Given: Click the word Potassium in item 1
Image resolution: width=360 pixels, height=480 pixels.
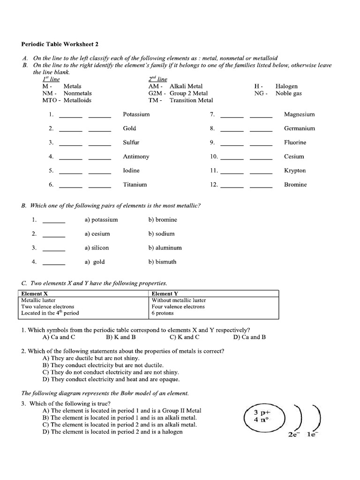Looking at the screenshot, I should coord(136,114).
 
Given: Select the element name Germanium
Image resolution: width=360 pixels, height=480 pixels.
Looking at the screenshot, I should coord(299,128).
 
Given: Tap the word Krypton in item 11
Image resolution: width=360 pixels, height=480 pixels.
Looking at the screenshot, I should coord(294,171).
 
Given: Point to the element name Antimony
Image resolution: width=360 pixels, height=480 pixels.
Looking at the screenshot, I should coord(136,157).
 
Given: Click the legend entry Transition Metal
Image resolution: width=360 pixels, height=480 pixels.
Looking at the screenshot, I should coord(191,100).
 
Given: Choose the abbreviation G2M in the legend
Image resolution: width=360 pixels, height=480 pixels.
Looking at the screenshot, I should coord(154,93).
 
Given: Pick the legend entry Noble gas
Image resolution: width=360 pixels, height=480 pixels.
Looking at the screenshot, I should coord(288,93).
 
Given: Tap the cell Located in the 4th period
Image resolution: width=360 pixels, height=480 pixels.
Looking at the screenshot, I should coord(50,313).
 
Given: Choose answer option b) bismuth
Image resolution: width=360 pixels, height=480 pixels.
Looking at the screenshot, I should coord(162,262).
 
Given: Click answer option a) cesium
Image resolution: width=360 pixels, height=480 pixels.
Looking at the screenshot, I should coord(97,234).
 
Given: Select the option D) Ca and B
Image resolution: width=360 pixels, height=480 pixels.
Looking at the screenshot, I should coord(249,337).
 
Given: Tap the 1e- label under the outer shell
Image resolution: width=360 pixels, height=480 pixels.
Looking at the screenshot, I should coord(312,435).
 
